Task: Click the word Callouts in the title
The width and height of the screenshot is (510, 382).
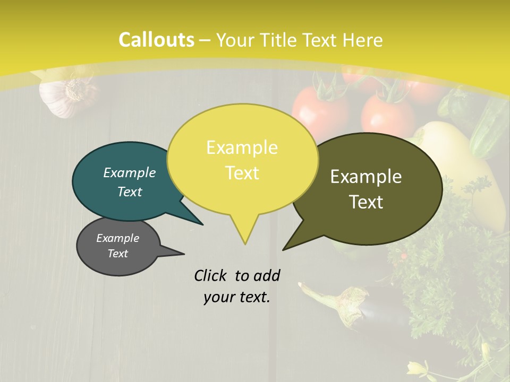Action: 156,40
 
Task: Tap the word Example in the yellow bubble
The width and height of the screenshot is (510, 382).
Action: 242,147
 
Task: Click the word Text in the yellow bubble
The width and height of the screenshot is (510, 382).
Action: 242,173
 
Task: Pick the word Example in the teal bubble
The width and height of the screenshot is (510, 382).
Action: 130,172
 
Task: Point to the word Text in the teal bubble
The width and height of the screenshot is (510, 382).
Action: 130,192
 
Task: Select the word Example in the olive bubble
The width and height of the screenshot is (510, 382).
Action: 366,177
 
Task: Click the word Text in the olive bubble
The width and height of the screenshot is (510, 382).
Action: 366,202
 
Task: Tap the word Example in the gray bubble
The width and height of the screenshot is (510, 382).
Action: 117,238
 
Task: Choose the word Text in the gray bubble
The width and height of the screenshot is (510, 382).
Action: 117,254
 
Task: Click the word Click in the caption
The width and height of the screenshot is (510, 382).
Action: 211,275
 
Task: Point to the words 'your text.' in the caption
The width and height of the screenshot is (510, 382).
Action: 237,297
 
